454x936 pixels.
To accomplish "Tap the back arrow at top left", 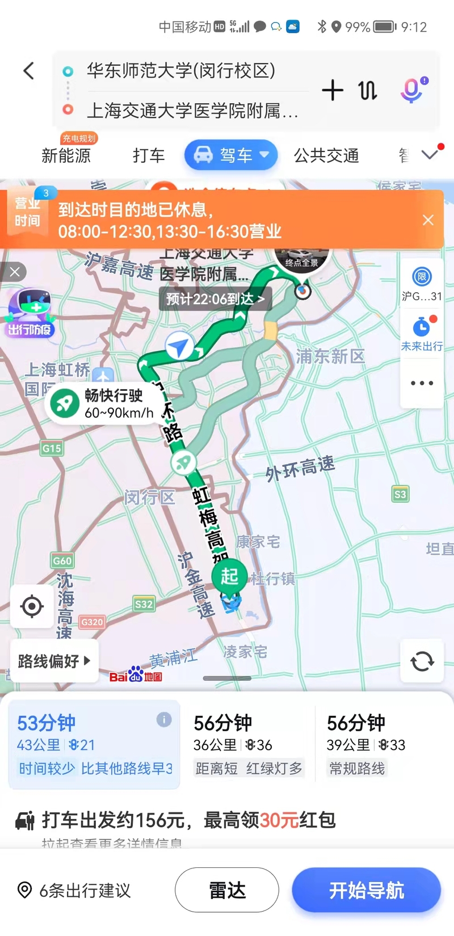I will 29,71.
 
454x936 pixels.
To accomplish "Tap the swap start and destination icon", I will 368,90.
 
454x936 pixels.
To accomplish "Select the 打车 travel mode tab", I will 149,155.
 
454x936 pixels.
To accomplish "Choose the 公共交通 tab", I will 326,155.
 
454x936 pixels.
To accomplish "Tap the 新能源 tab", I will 66,155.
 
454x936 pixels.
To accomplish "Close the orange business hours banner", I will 428,220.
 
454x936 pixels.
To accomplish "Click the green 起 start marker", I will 229,576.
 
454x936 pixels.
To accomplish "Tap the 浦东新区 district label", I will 330,356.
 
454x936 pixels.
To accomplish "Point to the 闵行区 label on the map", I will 149,497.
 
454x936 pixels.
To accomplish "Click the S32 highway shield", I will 144,604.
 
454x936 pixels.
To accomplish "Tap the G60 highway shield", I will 62,560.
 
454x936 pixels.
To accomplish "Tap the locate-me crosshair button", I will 32,606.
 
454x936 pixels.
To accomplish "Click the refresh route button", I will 422,661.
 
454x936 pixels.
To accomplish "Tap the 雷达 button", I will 227,890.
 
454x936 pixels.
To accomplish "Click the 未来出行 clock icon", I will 422,328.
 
